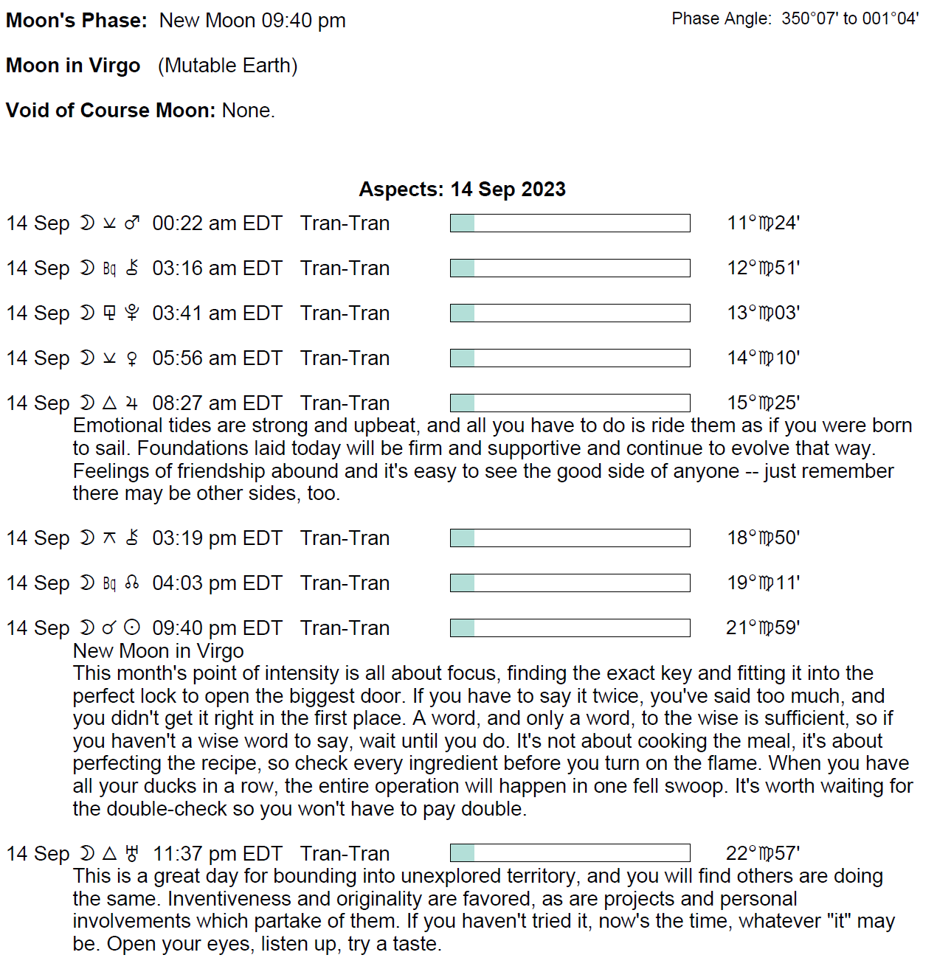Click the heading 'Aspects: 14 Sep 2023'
(462, 190)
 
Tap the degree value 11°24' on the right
(763, 223)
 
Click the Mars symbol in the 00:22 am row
(132, 223)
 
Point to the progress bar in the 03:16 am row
(570, 268)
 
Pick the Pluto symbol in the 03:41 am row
(132, 313)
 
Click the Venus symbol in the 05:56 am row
(132, 358)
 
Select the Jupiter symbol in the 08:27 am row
(132, 403)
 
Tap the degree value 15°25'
(763, 403)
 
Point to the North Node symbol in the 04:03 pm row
(132, 583)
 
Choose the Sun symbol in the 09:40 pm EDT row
(132, 628)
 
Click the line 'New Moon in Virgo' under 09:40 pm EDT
(158, 651)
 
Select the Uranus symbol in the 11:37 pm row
(132, 854)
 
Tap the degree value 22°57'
(763, 853)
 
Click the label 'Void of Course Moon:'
(111, 111)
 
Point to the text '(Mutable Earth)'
(227, 66)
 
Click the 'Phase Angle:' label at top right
(722, 19)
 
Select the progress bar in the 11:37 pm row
(570, 853)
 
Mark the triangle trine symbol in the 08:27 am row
(109, 403)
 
